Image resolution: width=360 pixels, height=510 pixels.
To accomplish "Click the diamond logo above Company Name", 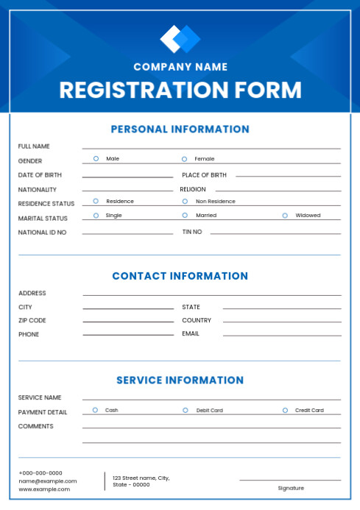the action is pyautogui.click(x=180, y=39).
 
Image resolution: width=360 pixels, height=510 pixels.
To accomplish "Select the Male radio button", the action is pyautogui.click(x=96, y=158).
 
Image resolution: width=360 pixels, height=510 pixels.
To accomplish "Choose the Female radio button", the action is pyautogui.click(x=185, y=158).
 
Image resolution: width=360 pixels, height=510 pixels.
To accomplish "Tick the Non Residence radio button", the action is pyautogui.click(x=186, y=201).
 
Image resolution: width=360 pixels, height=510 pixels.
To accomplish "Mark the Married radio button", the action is pyautogui.click(x=186, y=216).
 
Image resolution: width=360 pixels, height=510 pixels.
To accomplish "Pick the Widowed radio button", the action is pyautogui.click(x=285, y=216).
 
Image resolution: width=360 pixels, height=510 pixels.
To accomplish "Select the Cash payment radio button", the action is pyautogui.click(x=95, y=410).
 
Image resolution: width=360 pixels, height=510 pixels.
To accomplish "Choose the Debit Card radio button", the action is pyautogui.click(x=186, y=410).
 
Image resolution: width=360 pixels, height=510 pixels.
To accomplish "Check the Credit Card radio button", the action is pyautogui.click(x=285, y=410).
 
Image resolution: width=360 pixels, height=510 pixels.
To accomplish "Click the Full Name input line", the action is pyautogui.click(x=211, y=147).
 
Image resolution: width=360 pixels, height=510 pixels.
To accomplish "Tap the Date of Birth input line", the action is pyautogui.click(x=127, y=176).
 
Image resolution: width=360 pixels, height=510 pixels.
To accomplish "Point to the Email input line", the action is pyautogui.click(x=282, y=335).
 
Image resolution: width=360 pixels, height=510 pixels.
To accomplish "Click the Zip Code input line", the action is pyautogui.click(x=128, y=321).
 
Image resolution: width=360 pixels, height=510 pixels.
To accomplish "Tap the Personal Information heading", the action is pyautogui.click(x=180, y=130).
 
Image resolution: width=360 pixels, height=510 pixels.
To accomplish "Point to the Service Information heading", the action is pyautogui.click(x=180, y=380).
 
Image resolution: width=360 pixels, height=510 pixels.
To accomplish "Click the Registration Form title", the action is pyautogui.click(x=180, y=91).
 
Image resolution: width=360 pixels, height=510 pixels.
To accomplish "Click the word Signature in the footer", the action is pyautogui.click(x=291, y=488).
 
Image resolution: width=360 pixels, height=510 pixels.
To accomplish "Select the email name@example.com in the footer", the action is pyautogui.click(x=48, y=481).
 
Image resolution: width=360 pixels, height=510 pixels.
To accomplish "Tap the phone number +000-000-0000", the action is pyautogui.click(x=40, y=473).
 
